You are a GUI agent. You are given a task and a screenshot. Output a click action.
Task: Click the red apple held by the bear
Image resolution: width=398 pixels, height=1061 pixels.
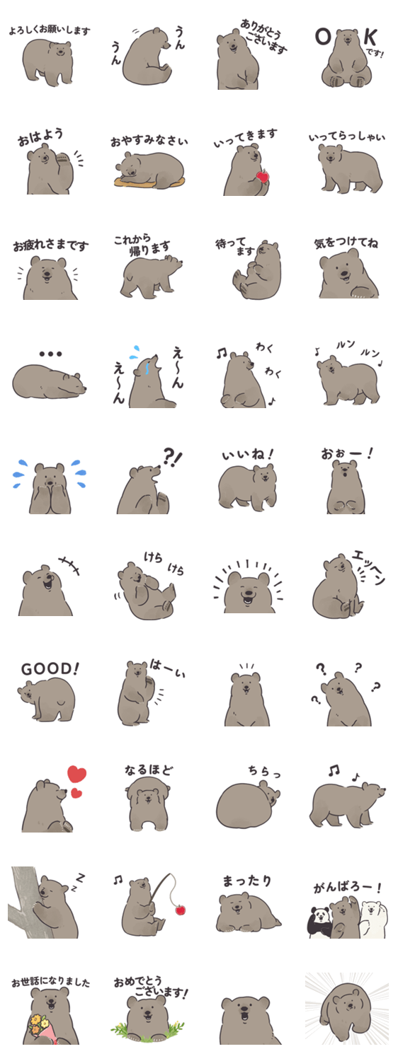[x=262, y=177]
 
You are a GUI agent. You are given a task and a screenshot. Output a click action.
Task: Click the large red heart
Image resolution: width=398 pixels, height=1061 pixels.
[x=76, y=774]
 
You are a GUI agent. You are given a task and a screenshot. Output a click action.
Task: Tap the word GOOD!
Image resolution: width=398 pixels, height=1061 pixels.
[x=50, y=669]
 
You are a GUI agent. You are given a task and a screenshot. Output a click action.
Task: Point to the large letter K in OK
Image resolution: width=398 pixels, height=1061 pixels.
[x=370, y=37]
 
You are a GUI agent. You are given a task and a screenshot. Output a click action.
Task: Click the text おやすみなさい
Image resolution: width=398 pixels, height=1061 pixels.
[x=149, y=141]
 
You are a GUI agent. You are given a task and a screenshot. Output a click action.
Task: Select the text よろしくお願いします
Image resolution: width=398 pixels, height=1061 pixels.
[x=50, y=31]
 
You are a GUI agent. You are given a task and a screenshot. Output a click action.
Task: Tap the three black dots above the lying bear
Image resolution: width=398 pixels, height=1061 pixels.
[x=51, y=354]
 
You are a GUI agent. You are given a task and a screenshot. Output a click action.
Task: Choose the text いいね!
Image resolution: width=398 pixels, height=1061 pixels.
[x=248, y=455]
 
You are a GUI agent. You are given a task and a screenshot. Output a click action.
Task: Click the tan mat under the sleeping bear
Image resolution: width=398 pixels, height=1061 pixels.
[x=149, y=182]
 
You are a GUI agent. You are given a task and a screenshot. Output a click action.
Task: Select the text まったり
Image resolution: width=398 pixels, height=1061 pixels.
[x=246, y=881]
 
